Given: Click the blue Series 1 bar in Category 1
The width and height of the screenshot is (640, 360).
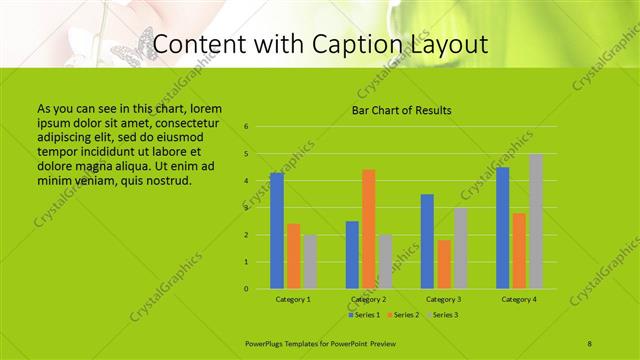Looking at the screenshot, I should point(277,231).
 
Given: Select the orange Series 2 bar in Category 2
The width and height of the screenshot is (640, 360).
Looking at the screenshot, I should point(368,229).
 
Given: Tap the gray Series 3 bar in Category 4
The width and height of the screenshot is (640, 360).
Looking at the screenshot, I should point(536,221).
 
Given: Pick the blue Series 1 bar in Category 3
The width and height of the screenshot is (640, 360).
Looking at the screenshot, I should point(427,241).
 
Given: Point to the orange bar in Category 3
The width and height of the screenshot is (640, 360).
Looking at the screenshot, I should point(443,264).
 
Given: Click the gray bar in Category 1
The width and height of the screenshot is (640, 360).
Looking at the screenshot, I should point(310,262).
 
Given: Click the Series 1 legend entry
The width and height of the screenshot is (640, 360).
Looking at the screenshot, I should point(363,315).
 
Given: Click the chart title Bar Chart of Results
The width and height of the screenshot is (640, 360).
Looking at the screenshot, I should point(401,110).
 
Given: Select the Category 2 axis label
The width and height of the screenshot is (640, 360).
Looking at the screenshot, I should point(369,299).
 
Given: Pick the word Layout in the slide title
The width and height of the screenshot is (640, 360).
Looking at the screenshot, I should point(449,45).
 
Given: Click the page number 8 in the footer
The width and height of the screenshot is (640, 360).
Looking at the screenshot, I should point(590,343).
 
